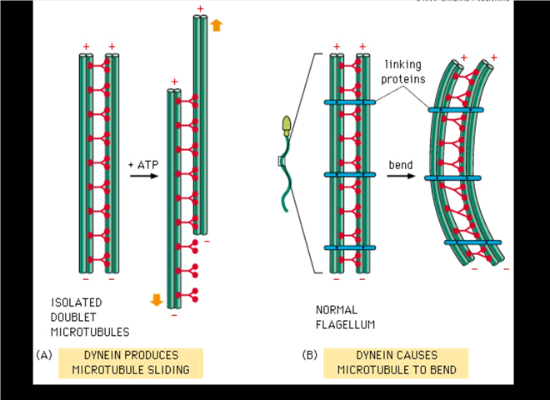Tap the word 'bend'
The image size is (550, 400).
[x=401, y=163]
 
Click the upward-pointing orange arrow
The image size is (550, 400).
[x=216, y=26]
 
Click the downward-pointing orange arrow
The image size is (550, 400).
[x=156, y=299]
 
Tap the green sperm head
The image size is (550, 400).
[x=289, y=126]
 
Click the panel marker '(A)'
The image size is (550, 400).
[x=44, y=354]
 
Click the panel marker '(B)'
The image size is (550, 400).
[x=310, y=354]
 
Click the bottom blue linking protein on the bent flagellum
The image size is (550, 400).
[x=472, y=242]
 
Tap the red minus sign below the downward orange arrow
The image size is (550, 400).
[x=173, y=315]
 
